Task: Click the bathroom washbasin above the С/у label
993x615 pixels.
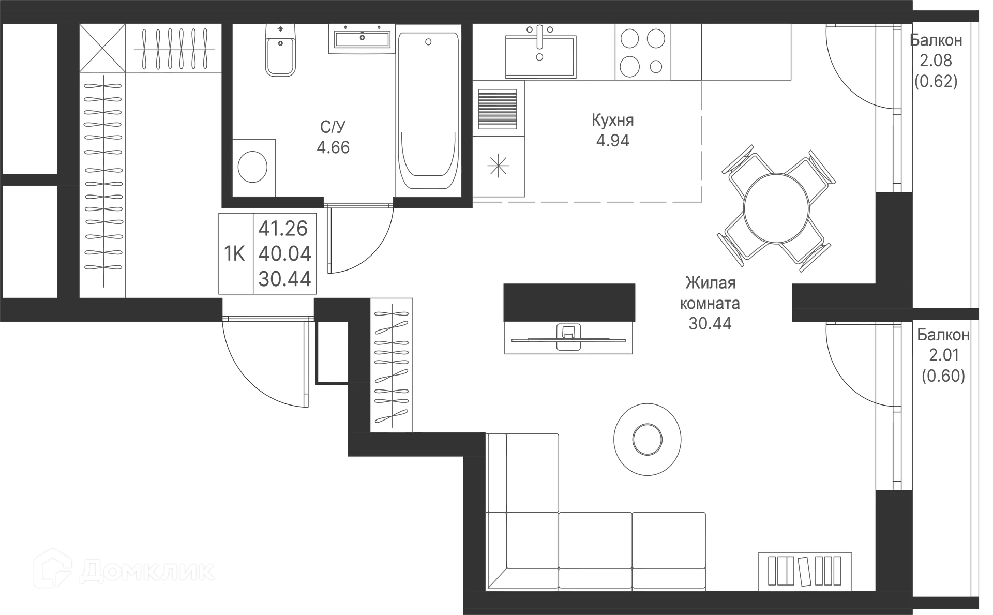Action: tap(362, 39)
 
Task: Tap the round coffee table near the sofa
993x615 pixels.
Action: tap(647, 439)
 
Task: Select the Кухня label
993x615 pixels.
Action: tap(613, 121)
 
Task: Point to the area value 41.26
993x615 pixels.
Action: tap(284, 228)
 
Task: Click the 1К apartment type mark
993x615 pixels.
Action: tap(236, 254)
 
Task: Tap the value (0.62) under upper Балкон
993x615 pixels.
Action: tap(937, 82)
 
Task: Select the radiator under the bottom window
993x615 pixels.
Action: tap(805, 569)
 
